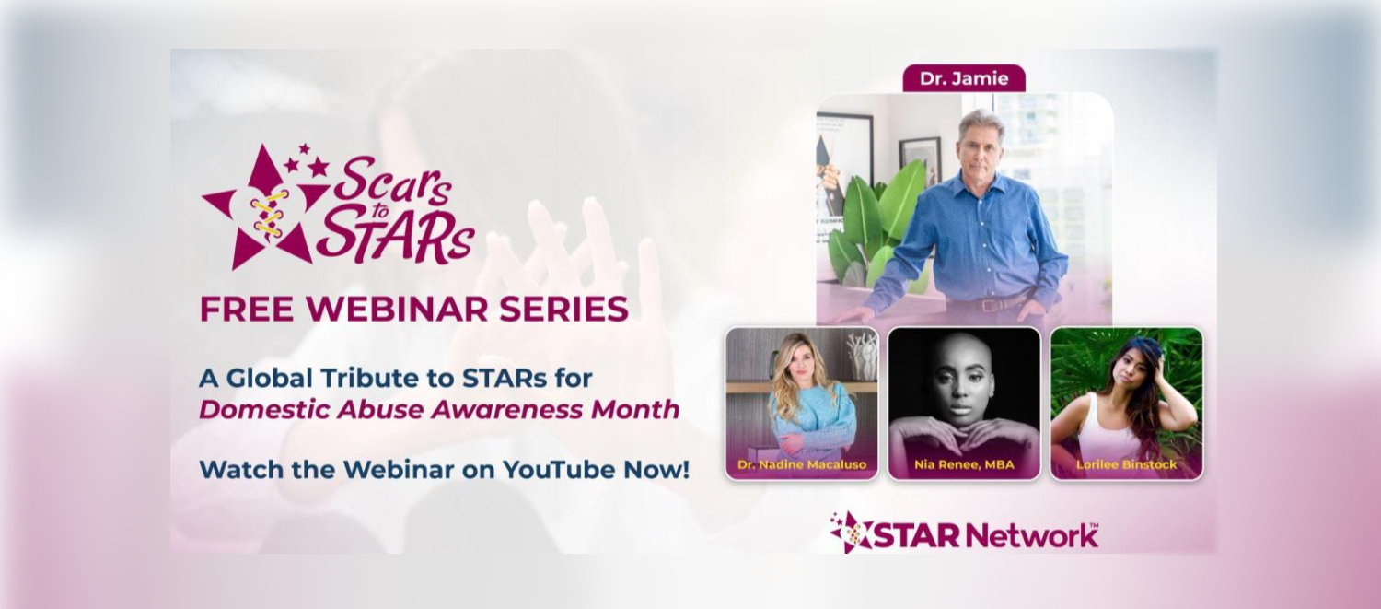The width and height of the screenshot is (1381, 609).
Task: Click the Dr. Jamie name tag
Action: [x=964, y=78]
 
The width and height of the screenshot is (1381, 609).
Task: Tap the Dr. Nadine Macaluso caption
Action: [x=802, y=464]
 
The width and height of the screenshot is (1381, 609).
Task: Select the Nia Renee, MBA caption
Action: [x=964, y=464]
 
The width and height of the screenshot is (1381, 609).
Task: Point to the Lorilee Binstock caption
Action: [x=1126, y=464]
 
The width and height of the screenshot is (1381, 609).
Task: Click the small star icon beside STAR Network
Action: [x=850, y=532]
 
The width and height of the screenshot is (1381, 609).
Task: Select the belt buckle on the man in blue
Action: [x=991, y=305]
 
